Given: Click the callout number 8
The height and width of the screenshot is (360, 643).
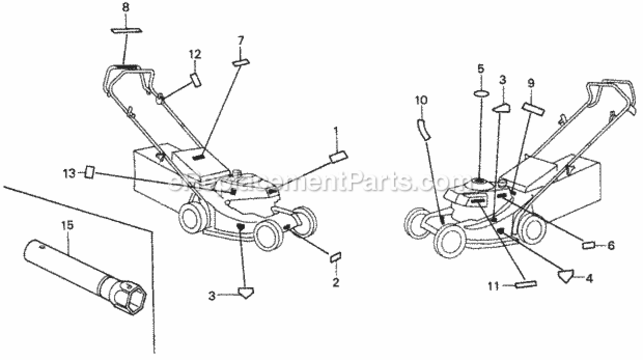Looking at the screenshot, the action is point(126,8).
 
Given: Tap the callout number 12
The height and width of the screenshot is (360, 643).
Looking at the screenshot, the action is point(195,55).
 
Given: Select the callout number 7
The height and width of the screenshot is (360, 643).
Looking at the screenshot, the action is point(241,40).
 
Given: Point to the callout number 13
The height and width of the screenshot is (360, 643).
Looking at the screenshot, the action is point(69,174).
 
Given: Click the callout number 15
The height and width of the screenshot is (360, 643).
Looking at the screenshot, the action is point(68,225).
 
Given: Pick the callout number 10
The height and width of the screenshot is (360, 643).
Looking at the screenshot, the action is point(421,100).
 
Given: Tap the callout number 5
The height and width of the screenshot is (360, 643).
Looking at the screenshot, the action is point(481,69).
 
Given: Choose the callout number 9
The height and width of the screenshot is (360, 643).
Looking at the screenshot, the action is point(531,84).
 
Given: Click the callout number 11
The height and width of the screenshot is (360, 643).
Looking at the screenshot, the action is point(494,286).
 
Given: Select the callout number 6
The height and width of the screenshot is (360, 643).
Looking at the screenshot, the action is point(611,245).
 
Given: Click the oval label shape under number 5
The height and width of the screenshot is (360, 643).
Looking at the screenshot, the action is point(481,94).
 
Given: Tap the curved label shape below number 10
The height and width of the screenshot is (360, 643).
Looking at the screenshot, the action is point(424,130).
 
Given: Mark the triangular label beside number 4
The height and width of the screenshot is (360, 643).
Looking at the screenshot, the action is point(566,276).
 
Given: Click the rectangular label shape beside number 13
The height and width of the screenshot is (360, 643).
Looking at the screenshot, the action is point(90,172).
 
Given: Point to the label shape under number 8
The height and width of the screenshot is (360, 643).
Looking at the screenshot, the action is point(126,30).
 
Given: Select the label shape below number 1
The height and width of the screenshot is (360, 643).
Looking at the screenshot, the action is point(339,157).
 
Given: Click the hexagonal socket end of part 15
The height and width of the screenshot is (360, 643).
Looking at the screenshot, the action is point(132,299).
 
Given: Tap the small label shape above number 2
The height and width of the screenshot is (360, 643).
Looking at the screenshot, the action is point(335,257).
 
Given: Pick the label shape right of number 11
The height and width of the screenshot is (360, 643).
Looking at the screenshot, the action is point(526,285).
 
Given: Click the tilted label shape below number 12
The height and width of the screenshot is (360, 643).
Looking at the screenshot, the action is point(195,80).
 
